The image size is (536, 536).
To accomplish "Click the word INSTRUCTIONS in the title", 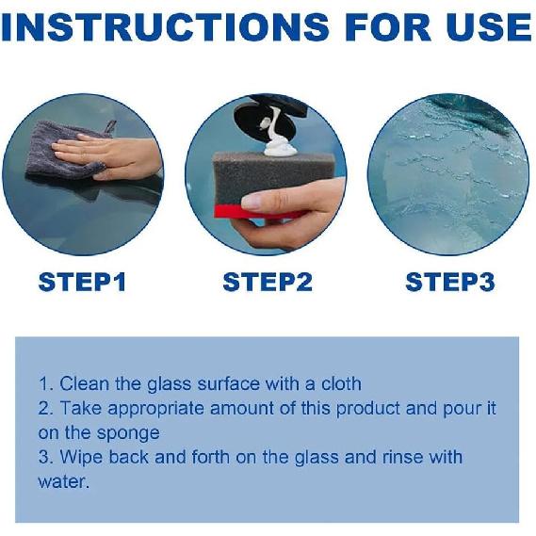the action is tap(165, 26).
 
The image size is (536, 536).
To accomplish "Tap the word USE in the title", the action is tap(488, 26).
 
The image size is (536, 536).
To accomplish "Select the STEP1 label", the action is tap(82, 282).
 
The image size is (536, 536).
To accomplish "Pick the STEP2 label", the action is tap(268, 282).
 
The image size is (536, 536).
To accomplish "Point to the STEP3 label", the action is tap(450, 282).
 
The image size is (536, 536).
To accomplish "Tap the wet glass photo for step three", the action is tap(447, 174).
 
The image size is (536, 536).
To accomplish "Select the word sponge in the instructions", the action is tap(128, 434).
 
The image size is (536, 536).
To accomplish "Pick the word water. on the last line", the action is tap(63, 482).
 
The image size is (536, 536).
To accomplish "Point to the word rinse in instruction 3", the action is tap(402, 458).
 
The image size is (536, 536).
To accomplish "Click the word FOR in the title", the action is tap(388, 26).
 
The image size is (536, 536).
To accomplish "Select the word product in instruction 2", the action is tap(367, 410).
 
